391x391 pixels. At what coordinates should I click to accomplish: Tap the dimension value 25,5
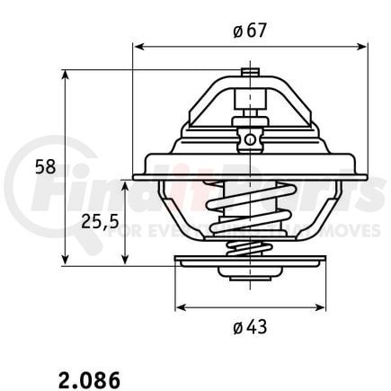click(97, 220)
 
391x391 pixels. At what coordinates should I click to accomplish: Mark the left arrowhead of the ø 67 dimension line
click(138, 45)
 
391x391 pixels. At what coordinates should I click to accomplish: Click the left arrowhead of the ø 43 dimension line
click(180, 306)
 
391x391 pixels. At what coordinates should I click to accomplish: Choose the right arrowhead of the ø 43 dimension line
click(321, 306)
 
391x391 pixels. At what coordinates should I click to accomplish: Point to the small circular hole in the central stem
click(247, 138)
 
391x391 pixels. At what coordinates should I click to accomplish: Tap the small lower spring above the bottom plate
click(248, 249)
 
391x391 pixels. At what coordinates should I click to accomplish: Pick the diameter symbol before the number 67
click(235, 32)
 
